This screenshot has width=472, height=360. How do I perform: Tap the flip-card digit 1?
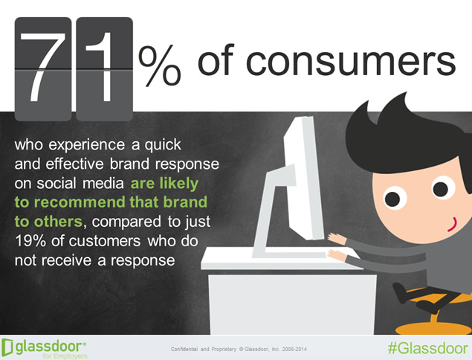point(103,67)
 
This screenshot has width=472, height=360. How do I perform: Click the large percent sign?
point(160,65)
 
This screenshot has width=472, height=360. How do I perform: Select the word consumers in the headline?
point(351,60)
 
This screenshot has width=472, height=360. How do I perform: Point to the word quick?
point(163,145)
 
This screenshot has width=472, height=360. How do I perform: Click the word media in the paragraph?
point(103,183)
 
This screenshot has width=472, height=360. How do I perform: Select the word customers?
point(105,241)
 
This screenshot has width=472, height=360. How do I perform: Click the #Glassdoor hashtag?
point(427,348)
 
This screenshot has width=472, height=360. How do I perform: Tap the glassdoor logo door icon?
point(7,347)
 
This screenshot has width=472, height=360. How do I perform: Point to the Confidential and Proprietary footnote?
point(239,350)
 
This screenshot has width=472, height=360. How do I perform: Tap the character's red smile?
point(453,224)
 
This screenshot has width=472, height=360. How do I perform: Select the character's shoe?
point(401,292)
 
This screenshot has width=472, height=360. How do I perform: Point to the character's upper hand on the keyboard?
point(337,238)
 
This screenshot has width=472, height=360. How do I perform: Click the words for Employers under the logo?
point(65,356)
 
